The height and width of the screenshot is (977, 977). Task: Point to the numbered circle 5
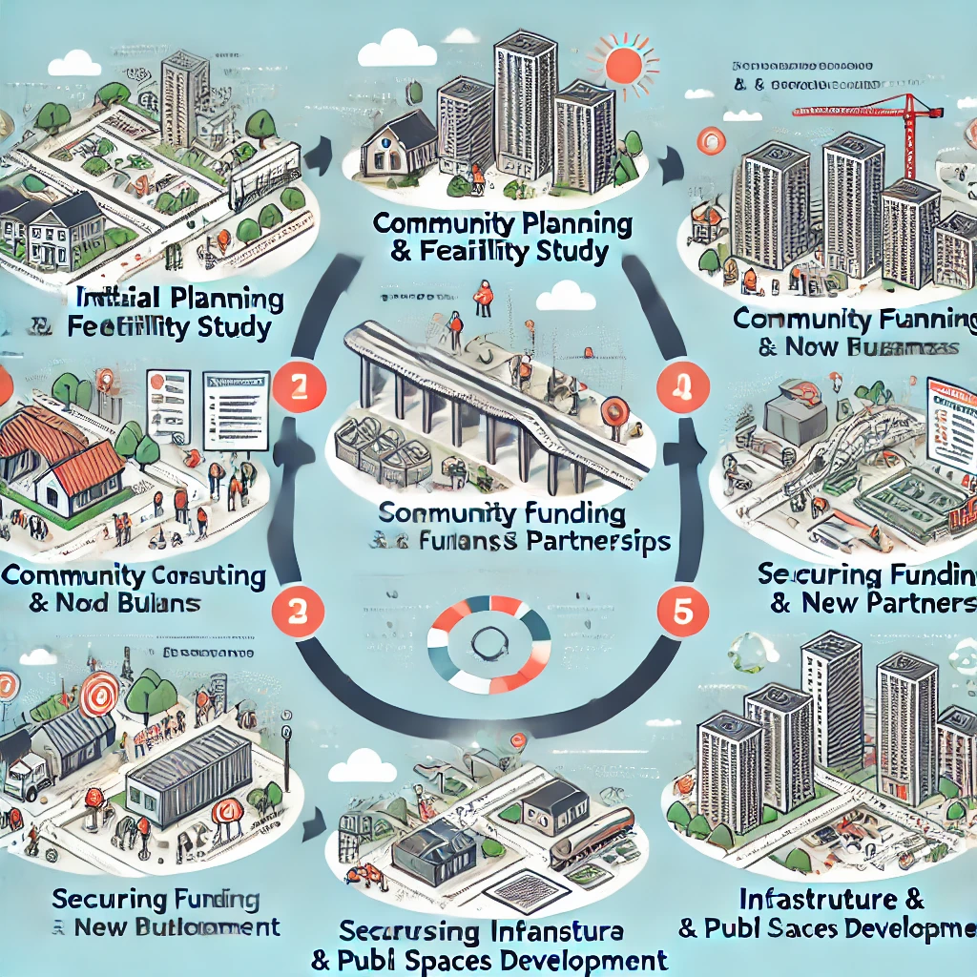point(682,611)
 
